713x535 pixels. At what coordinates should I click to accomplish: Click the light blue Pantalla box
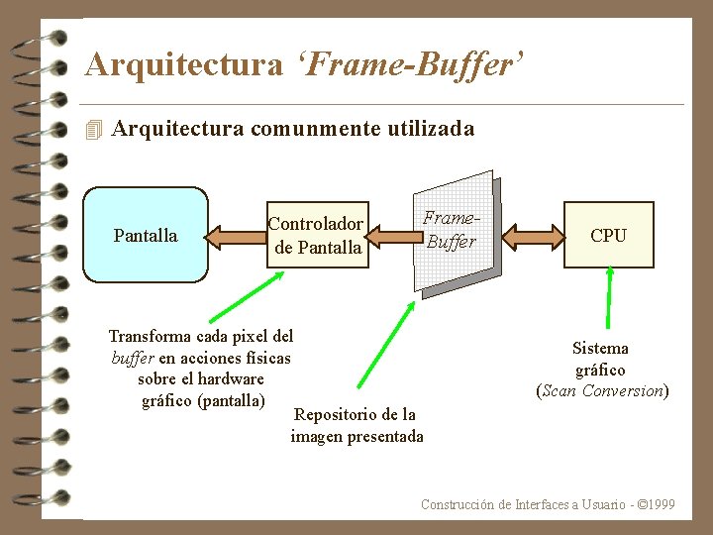[x=145, y=235]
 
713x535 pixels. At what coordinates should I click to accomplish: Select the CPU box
[x=608, y=235]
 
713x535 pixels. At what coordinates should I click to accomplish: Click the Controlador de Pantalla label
[x=317, y=236]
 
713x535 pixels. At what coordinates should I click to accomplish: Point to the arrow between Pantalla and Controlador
[x=237, y=236]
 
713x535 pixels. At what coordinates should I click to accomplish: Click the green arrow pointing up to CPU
[x=609, y=301]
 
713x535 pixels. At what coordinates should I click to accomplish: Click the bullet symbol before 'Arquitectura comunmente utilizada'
[x=95, y=130]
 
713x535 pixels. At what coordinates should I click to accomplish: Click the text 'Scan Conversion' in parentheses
[x=602, y=390]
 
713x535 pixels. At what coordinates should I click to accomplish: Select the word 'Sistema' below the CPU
[x=600, y=348]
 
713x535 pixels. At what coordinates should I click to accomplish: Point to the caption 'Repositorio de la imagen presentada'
[x=356, y=425]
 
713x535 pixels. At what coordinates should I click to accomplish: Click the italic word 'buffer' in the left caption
[x=132, y=358]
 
